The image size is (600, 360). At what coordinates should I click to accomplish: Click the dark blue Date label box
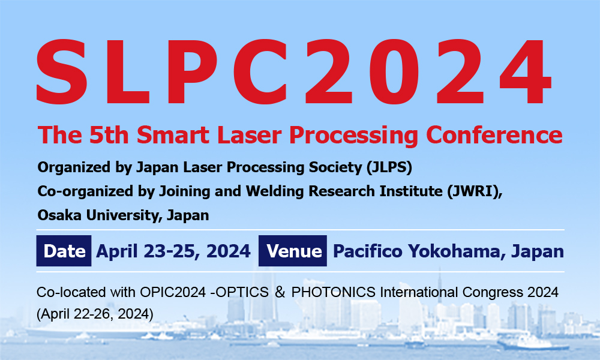(64, 251)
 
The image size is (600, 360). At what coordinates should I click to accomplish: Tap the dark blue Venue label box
(293, 251)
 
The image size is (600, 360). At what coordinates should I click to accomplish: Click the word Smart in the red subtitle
(173, 134)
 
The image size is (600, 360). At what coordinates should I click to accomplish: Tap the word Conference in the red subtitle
(494, 134)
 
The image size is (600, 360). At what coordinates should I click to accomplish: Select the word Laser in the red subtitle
(250, 134)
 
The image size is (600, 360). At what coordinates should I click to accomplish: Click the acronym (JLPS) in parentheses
(389, 167)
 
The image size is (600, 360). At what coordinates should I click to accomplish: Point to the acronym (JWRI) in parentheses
(475, 191)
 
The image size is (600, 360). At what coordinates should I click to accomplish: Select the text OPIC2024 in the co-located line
(173, 292)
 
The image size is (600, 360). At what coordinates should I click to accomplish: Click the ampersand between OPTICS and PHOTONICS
(280, 292)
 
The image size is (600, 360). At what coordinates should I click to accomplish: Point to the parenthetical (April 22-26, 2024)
(95, 314)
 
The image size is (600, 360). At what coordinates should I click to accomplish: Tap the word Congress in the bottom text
(493, 293)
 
